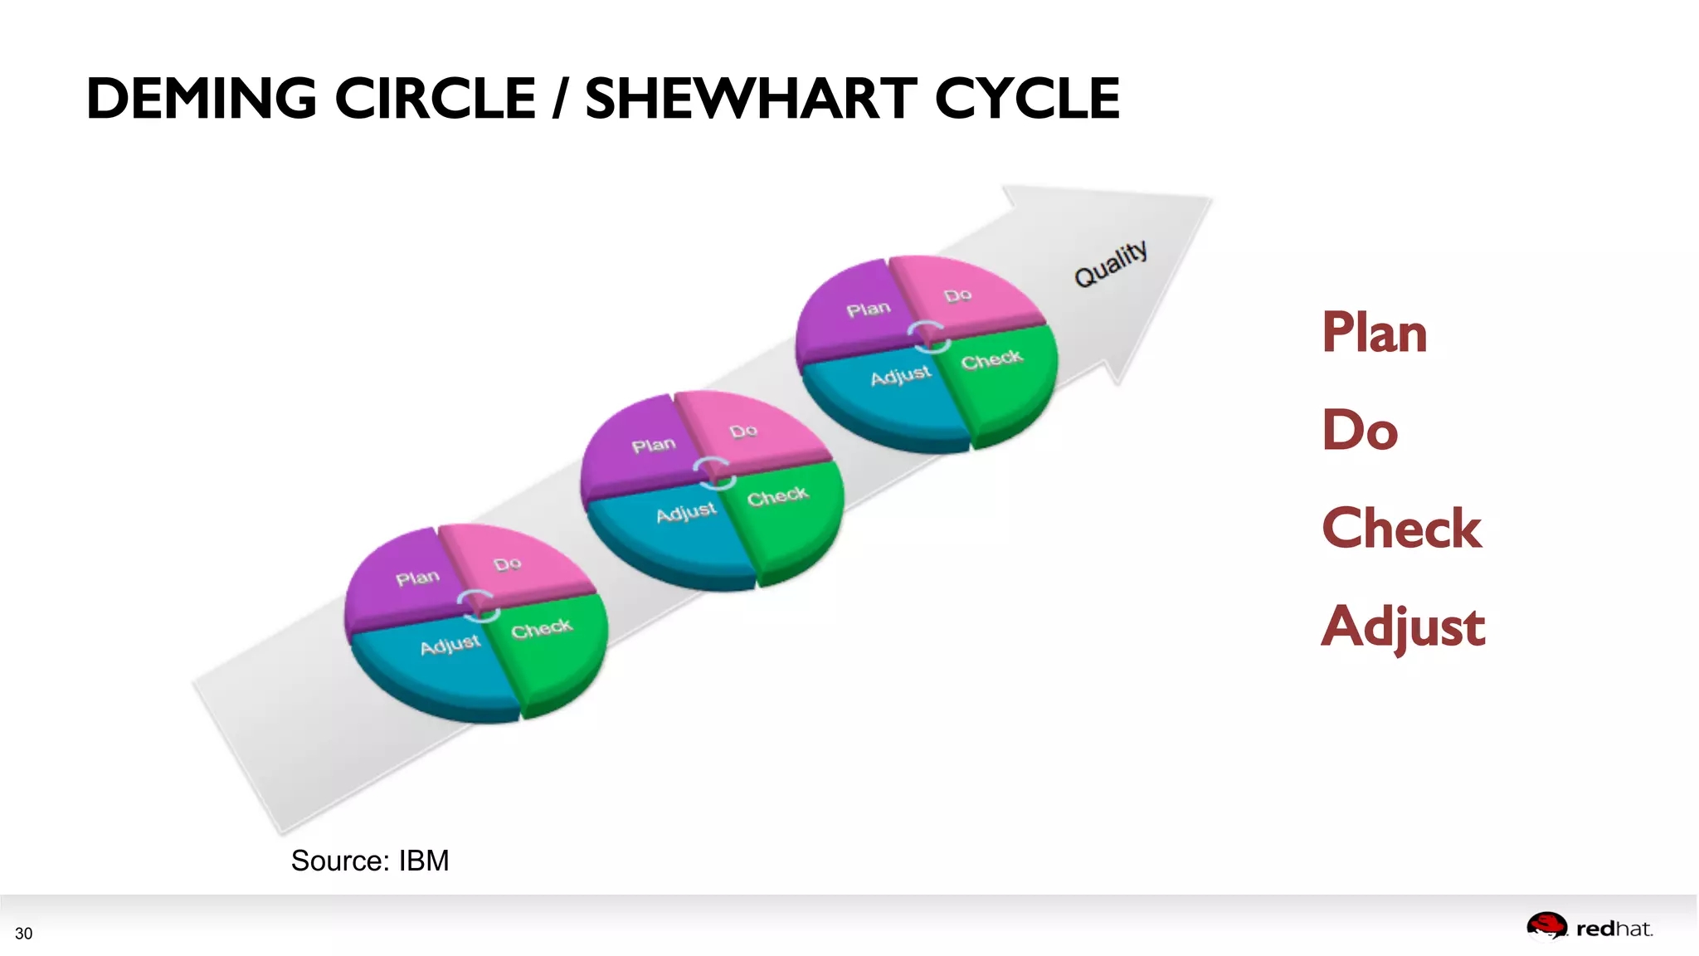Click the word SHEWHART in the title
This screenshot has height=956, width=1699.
pos(751,99)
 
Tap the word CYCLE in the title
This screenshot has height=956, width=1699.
pos(1027,99)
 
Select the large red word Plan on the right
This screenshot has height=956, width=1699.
pos(1374,333)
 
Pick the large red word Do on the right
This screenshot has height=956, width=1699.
pos(1360,430)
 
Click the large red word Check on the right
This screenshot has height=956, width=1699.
pos(1401,529)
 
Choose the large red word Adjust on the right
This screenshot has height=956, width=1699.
pos(1403,627)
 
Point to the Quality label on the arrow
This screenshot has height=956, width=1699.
pos(1111,263)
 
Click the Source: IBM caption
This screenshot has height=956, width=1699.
pos(370,861)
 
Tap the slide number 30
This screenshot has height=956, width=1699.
pos(24,934)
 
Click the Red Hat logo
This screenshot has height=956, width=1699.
pos(1589,928)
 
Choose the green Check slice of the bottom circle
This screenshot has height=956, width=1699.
pos(552,647)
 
